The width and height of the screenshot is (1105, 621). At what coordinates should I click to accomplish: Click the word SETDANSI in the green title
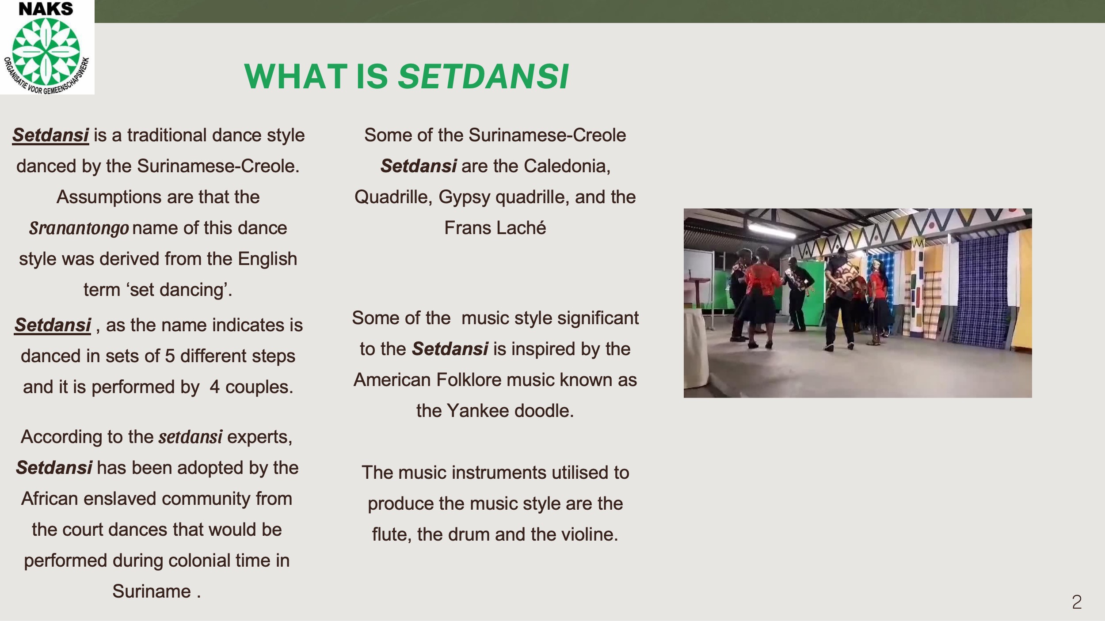[x=483, y=76]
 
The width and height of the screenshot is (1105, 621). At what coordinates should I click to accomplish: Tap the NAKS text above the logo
[x=46, y=9]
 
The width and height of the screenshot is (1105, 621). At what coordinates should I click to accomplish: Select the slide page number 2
[x=1077, y=602]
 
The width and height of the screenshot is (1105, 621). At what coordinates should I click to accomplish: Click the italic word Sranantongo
[x=79, y=228]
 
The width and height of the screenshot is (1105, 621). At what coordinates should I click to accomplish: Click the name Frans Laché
[x=495, y=228]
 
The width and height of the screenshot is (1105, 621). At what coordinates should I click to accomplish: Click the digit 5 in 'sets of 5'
[x=170, y=356]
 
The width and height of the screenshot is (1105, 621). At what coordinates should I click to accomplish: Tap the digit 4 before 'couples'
[x=215, y=387]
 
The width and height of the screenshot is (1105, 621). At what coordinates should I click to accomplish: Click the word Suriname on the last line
[x=152, y=591]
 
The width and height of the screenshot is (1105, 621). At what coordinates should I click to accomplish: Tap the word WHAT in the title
[x=296, y=76]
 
